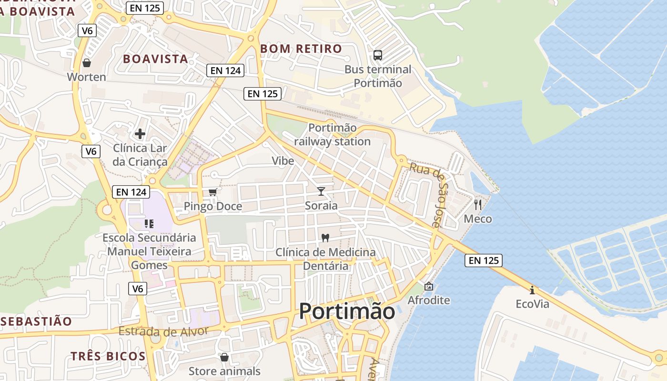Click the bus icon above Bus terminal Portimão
(x=378, y=55)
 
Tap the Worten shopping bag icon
(x=87, y=63)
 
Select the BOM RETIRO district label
(x=301, y=49)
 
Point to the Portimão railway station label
(x=332, y=135)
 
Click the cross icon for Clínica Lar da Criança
(x=140, y=134)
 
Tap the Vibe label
(x=283, y=161)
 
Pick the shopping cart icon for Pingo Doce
(x=213, y=192)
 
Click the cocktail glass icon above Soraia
(x=321, y=191)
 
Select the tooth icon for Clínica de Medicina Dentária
(x=326, y=238)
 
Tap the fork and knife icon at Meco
(x=478, y=205)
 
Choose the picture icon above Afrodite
(x=428, y=286)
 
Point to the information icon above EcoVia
(x=532, y=290)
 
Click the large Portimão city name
(x=347, y=311)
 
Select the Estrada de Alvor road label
(x=163, y=331)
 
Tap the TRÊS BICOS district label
(x=108, y=356)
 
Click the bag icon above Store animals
(x=224, y=357)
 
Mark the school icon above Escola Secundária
(x=149, y=223)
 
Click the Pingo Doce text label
(x=213, y=207)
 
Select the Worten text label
(x=87, y=77)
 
